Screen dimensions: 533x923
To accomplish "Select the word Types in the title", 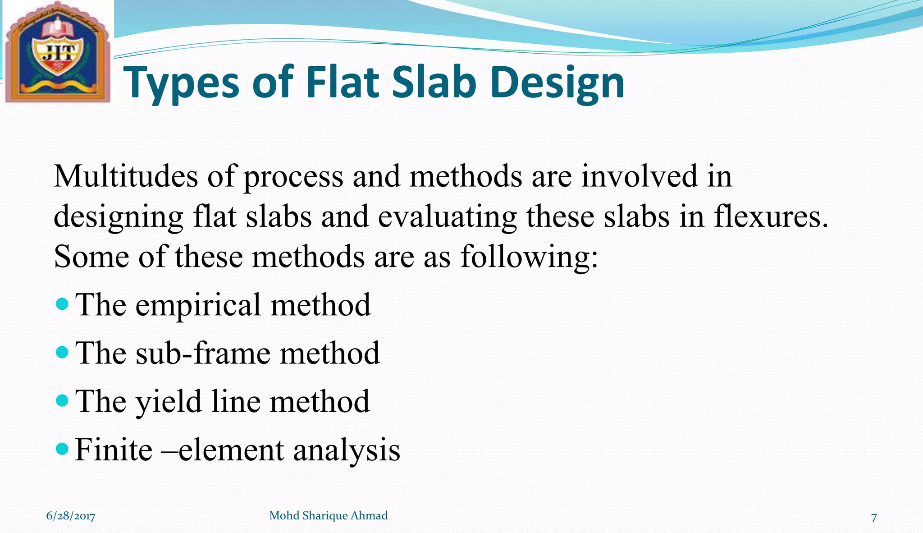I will pyautogui.click(x=181, y=83).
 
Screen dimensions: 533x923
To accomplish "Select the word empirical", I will pyautogui.click(x=198, y=305).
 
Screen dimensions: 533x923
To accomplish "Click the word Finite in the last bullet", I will pyautogui.click(x=114, y=450).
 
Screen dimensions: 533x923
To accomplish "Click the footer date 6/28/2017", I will pyautogui.click(x=71, y=516).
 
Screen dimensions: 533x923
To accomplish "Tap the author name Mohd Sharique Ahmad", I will pyautogui.click(x=328, y=515).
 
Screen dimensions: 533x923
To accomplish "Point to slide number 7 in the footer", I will pyautogui.click(x=874, y=517).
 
